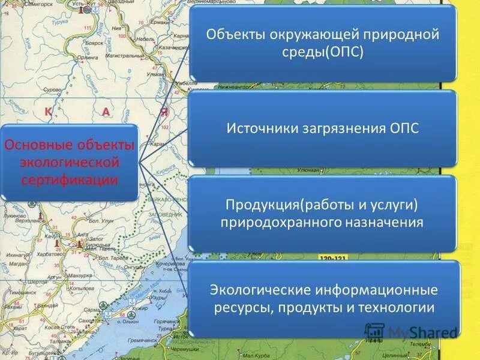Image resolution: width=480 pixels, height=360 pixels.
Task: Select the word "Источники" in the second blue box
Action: point(259,128)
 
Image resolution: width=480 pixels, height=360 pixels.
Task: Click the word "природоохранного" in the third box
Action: point(283,223)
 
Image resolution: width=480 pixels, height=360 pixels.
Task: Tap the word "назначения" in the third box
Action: point(384,223)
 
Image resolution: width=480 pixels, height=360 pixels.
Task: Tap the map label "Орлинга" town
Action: point(87,59)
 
